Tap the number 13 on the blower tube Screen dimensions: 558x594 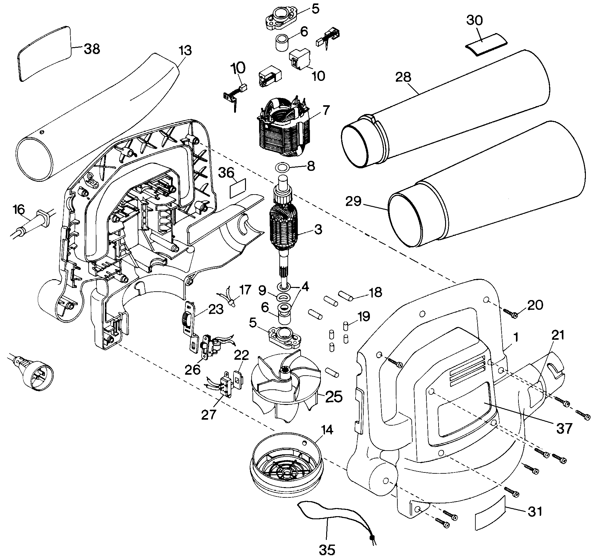(x=185, y=50)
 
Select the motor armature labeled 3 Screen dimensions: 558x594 (x=284, y=230)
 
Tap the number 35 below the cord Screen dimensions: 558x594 (x=327, y=549)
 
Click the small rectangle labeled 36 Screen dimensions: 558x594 (x=238, y=188)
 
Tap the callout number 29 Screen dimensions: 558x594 (x=354, y=201)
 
